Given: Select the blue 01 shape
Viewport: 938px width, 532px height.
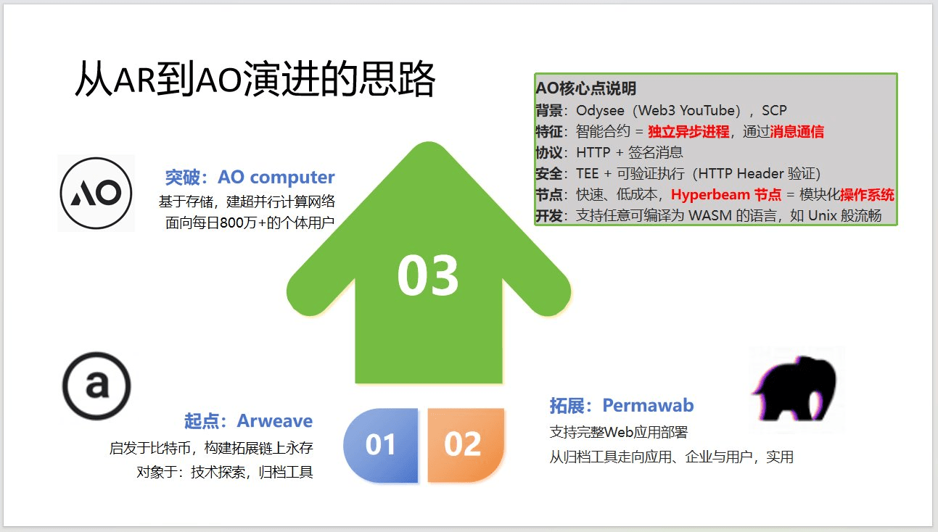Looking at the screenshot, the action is tap(381, 445).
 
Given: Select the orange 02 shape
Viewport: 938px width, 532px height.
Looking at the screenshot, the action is tap(465, 445).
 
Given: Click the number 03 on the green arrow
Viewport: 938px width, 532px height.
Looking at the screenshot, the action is tap(427, 275).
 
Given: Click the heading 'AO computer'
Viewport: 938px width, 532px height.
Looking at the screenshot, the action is tap(276, 178).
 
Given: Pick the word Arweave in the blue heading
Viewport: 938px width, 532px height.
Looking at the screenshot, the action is tap(275, 421).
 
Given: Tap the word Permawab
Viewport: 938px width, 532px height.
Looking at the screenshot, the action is tap(648, 405).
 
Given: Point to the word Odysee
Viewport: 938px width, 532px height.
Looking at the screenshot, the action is tap(600, 111).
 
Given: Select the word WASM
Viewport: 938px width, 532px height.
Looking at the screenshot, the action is tap(709, 216).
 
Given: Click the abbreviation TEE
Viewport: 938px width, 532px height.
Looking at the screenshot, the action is tap(588, 173).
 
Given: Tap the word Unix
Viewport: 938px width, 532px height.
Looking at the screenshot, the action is tap(823, 216).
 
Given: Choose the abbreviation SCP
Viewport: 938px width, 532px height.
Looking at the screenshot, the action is tap(774, 110).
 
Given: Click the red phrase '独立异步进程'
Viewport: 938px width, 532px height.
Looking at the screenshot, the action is tap(688, 132).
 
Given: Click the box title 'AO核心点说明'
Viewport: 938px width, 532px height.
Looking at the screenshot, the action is tap(586, 88).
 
